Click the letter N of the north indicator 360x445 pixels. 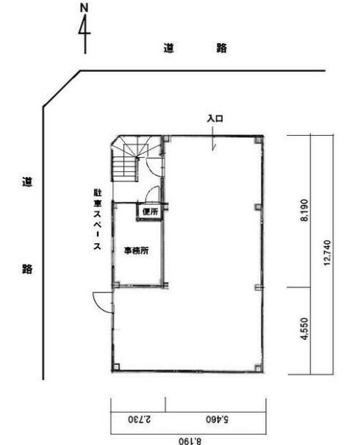pos(84,8)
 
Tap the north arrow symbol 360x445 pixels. pos(84,34)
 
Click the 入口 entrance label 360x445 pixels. pos(215,118)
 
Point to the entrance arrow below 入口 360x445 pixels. pos(213,139)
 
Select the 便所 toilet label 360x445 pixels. pos(150,211)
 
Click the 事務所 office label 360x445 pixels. pos(136,250)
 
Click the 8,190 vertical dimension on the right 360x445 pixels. pos(304,210)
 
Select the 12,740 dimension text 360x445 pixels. pos(328,253)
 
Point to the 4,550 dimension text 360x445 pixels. pos(304,328)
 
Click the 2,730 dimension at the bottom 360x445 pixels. pos(140,419)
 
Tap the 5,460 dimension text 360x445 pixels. pos(217,419)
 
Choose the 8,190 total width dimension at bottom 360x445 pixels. pos(190,441)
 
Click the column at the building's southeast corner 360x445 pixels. pos(258,367)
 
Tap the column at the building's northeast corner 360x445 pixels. pos(258,140)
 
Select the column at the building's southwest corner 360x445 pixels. pos(116,367)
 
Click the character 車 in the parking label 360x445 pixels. pos(98,203)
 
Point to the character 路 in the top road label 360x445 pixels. pos(221,48)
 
